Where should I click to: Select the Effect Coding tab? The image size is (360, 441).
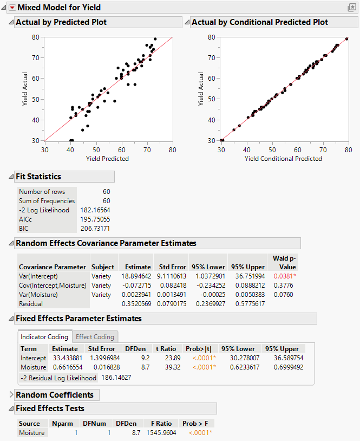[x=96, y=336]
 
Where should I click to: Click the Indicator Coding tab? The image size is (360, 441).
[x=44, y=336]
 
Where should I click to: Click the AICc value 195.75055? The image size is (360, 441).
[x=95, y=219]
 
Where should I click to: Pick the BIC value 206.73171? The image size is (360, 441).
[x=95, y=228]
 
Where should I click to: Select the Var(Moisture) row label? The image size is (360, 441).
[x=40, y=294]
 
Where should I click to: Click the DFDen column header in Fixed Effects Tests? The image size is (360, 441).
[x=126, y=423]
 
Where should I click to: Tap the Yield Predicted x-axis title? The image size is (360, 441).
[x=108, y=158]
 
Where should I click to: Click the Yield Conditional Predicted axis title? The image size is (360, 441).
[x=283, y=158]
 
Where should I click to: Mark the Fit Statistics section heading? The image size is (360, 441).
[x=38, y=177]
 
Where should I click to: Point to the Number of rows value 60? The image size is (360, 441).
[x=106, y=191]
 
